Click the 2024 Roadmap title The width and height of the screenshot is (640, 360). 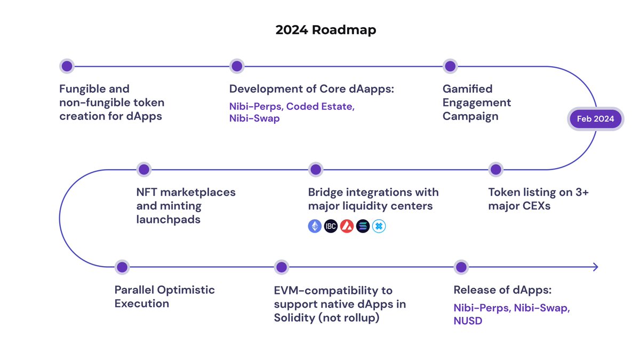point(325,30)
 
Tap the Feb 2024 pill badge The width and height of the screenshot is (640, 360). point(595,119)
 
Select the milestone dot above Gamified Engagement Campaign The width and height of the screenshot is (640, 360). point(450,66)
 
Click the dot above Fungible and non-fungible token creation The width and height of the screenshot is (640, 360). point(67,66)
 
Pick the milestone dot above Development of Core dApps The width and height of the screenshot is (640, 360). point(237,66)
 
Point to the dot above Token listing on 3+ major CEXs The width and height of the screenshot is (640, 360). point(496,170)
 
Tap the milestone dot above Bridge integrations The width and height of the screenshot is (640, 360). point(316,170)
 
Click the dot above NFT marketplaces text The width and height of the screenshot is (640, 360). point(143,170)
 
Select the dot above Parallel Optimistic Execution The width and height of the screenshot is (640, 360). point(122,267)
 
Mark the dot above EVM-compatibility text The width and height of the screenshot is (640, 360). point(281,267)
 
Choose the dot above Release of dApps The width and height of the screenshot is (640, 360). point(461,267)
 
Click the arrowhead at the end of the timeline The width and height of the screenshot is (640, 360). point(595,267)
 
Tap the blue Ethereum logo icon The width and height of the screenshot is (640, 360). point(315,226)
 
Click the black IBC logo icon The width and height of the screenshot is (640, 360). point(331,226)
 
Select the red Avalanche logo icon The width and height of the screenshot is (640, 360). point(347,226)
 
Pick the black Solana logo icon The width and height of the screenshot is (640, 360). point(363,226)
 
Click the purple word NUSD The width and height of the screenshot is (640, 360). point(468,321)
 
